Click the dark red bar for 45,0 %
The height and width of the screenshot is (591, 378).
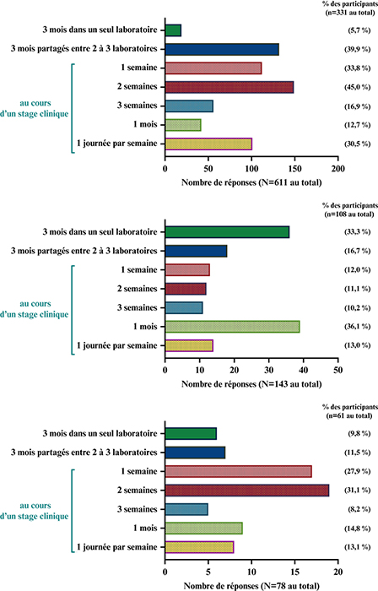[229, 87]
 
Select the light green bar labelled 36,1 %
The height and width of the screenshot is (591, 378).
[232, 327]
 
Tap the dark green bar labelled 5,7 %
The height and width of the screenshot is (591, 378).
[173, 30]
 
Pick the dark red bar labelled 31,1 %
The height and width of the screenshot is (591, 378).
[247, 491]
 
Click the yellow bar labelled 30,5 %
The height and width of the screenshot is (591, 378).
[208, 144]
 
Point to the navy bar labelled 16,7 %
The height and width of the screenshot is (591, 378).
[196, 251]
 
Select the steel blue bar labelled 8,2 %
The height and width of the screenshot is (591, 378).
[186, 510]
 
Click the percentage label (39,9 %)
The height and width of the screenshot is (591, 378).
[357, 49]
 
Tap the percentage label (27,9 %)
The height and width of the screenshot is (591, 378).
[357, 471]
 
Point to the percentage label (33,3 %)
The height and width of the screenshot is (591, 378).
[357, 232]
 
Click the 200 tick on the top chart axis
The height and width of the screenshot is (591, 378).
[338, 169]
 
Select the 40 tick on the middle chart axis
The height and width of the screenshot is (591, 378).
[304, 370]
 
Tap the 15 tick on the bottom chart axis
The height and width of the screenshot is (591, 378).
[294, 572]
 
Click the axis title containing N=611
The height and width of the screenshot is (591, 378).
[251, 183]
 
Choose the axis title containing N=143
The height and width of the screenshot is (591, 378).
[251, 384]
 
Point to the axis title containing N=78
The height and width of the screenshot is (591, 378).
[251, 586]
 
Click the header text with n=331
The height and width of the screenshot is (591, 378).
[350, 8]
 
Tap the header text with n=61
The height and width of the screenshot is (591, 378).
[350, 412]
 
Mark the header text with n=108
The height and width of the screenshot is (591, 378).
[350, 210]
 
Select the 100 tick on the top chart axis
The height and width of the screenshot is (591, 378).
[251, 169]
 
